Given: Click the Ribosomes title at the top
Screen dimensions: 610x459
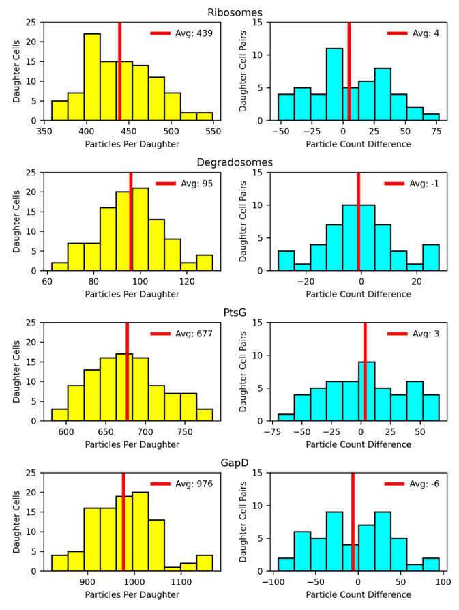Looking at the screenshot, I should point(235,12).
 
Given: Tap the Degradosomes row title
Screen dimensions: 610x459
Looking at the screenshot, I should point(235,162).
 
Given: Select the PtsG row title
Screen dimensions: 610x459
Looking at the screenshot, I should point(235,313).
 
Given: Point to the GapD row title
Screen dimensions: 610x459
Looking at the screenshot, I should point(235,463).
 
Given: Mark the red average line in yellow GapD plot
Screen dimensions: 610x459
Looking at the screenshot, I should point(123,525).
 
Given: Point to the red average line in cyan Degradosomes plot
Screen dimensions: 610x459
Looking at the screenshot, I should point(358,225).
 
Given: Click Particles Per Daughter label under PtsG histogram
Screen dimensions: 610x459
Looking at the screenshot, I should point(132,444).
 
